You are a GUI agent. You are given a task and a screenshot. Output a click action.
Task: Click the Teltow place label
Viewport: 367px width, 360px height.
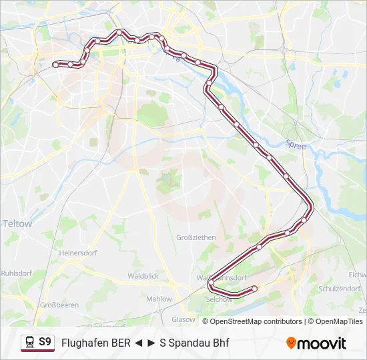18,224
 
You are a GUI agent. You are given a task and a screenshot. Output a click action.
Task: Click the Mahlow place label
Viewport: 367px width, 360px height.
159,299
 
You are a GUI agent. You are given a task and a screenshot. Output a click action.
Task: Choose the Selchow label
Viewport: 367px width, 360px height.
220,299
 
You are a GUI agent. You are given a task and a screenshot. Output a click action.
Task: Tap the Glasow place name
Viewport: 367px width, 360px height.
183,319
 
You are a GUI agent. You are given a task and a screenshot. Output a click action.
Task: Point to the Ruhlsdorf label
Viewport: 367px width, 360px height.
17,273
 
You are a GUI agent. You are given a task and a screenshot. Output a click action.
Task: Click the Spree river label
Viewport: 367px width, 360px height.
294,143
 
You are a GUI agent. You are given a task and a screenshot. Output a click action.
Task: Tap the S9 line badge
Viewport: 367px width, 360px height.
45,343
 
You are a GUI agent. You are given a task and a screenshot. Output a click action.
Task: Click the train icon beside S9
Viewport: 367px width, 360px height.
29,343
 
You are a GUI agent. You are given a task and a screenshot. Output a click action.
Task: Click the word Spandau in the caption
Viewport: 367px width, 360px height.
190,343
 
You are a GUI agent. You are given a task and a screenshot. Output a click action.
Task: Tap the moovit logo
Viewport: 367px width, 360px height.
316,343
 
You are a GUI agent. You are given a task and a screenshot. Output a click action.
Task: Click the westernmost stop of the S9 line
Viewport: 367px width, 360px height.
55,65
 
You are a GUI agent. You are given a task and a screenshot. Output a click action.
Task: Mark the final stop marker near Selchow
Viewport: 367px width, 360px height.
254,289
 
